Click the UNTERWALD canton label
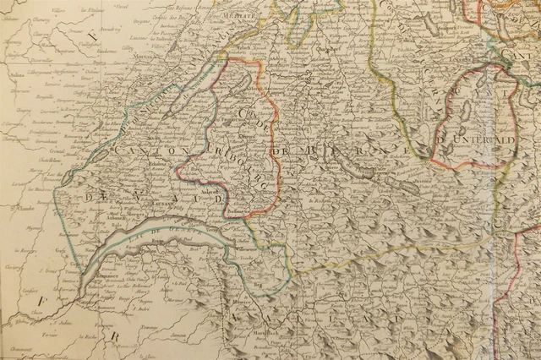(x=478, y=139)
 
